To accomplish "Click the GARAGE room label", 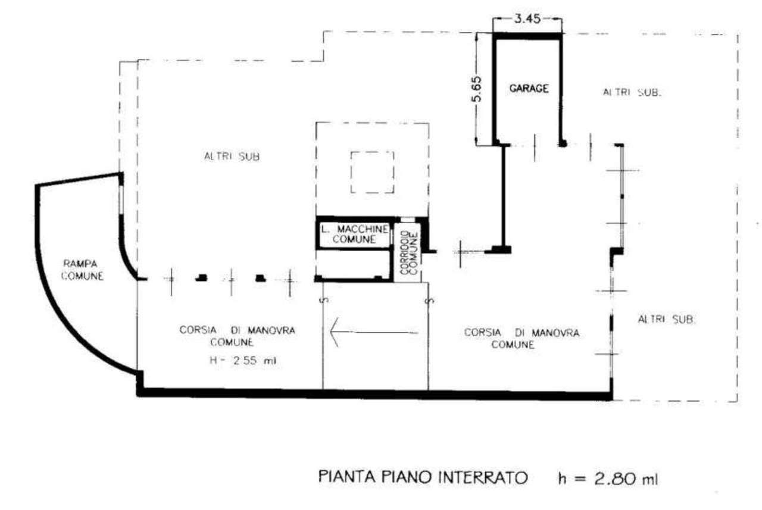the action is tap(529, 89).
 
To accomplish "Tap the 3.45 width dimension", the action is tap(527, 18).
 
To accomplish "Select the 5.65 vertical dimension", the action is tap(477, 89).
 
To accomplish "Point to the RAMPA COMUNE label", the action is tap(82, 270).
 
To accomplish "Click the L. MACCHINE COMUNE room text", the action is tap(354, 234).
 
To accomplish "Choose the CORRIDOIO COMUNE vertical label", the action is tap(408, 253).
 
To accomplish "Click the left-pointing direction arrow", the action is tap(374, 332).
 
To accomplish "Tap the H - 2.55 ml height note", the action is tap(243, 361).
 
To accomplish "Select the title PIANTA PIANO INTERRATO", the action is tap(423, 477).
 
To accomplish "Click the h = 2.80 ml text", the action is tap(608, 478).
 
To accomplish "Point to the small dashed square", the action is tap(373, 173).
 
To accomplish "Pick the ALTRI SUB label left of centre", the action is tap(232, 157).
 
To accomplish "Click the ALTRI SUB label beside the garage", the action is tap(632, 92).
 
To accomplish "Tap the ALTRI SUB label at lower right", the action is tap(666, 319).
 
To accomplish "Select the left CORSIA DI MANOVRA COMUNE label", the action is tap(237, 336).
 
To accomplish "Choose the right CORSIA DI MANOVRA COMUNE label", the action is tap(521, 338).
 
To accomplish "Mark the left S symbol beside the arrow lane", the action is tap(325, 300).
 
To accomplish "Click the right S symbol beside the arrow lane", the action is tap(430, 301).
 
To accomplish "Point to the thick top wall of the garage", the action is tap(527, 36).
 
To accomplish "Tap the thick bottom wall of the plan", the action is tap(374, 394).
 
